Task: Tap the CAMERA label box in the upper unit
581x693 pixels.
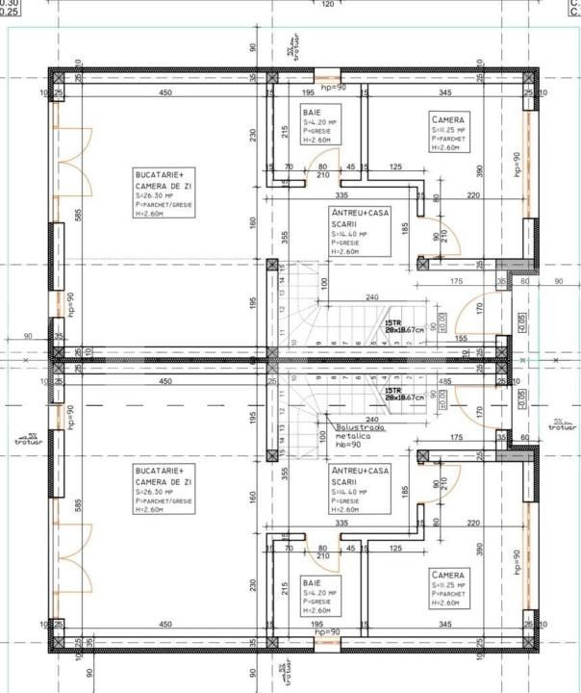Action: [448, 134]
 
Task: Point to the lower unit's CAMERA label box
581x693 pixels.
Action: [448, 586]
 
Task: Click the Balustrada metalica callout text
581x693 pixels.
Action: [360, 434]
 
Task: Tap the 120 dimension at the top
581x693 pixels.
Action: [328, 5]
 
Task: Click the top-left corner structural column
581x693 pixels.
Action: [58, 77]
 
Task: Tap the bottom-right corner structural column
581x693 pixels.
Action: [527, 643]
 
